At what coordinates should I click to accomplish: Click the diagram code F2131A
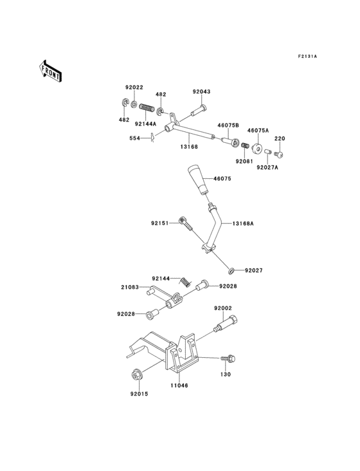coord(307,57)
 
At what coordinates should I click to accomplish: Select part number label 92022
coord(134,87)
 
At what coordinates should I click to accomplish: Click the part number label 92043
coord(201,92)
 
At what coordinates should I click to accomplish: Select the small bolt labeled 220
coord(279,154)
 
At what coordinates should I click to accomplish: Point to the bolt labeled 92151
coord(185,224)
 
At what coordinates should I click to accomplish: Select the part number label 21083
coord(130,288)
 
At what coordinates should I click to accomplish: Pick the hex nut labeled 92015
coord(136,373)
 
